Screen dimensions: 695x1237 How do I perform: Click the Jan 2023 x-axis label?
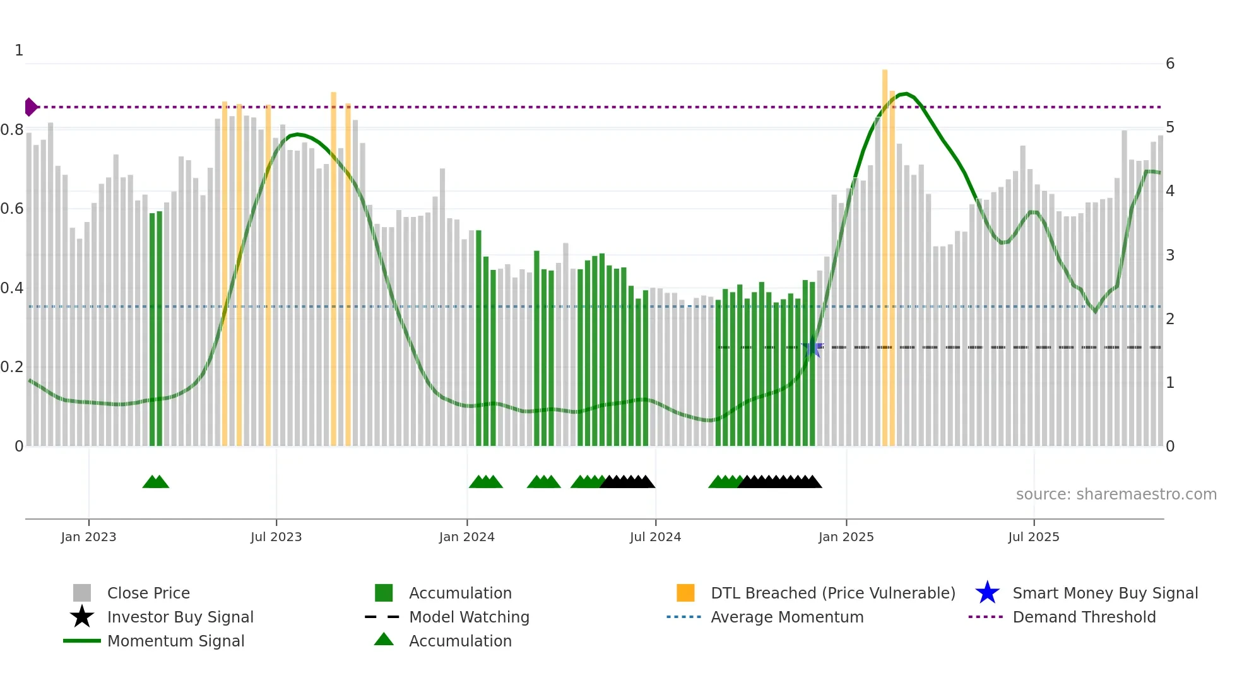click(88, 537)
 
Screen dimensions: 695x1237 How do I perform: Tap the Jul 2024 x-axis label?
click(655, 537)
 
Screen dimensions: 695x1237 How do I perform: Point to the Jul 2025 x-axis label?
click(1033, 537)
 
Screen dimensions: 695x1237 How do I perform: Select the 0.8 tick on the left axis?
click(12, 130)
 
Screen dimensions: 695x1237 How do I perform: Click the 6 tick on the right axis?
click(1170, 64)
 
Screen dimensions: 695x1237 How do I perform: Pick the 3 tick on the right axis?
click(1170, 255)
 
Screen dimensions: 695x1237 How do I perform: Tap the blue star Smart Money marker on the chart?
click(812, 348)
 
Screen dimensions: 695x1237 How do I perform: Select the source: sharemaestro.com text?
click(1116, 494)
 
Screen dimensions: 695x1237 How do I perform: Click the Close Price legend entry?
click(148, 593)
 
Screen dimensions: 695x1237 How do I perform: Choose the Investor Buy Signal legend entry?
click(180, 617)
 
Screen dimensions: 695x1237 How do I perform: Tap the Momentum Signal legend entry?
click(175, 641)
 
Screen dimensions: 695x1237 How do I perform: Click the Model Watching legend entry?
click(469, 617)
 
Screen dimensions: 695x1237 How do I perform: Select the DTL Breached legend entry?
click(832, 593)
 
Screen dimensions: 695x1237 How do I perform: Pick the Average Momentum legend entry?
click(786, 617)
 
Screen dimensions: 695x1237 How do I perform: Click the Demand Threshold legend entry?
click(1084, 617)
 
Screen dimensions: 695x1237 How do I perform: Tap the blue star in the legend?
click(987, 593)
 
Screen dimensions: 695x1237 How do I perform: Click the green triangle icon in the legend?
click(384, 640)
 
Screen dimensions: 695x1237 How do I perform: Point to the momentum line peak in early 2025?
click(906, 93)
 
